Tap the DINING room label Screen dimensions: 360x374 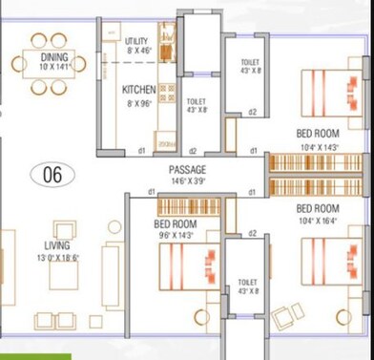point(54,57)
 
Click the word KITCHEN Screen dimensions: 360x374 point(138,90)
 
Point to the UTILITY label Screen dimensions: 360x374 point(136,41)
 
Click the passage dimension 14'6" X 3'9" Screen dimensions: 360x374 point(187,180)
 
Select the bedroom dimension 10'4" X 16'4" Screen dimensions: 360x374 point(318,220)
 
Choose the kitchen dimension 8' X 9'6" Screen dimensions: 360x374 point(138,103)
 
